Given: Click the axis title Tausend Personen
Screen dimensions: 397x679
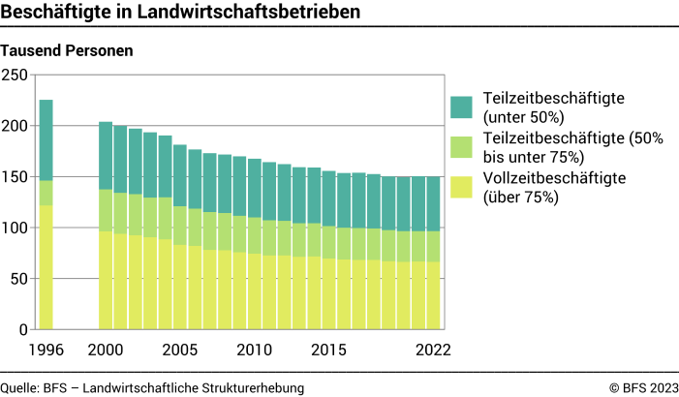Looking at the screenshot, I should (67, 49).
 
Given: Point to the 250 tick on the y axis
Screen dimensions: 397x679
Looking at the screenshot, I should (16, 76).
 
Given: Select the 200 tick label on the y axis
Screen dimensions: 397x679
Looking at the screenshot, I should (16, 126).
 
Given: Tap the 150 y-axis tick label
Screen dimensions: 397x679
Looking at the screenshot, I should (16, 177).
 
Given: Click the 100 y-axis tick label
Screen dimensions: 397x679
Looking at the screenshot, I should (16, 228).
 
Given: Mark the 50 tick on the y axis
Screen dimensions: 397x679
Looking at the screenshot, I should (20, 279).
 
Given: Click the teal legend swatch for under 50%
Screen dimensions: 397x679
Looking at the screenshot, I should (461, 107).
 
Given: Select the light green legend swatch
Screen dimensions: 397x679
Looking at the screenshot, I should (461, 146).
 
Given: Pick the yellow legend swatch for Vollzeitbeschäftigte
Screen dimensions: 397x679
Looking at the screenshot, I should (461, 186).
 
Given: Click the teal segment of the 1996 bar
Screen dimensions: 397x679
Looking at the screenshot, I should (46, 139).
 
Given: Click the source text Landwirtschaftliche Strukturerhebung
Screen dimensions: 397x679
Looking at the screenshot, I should (195, 387).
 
